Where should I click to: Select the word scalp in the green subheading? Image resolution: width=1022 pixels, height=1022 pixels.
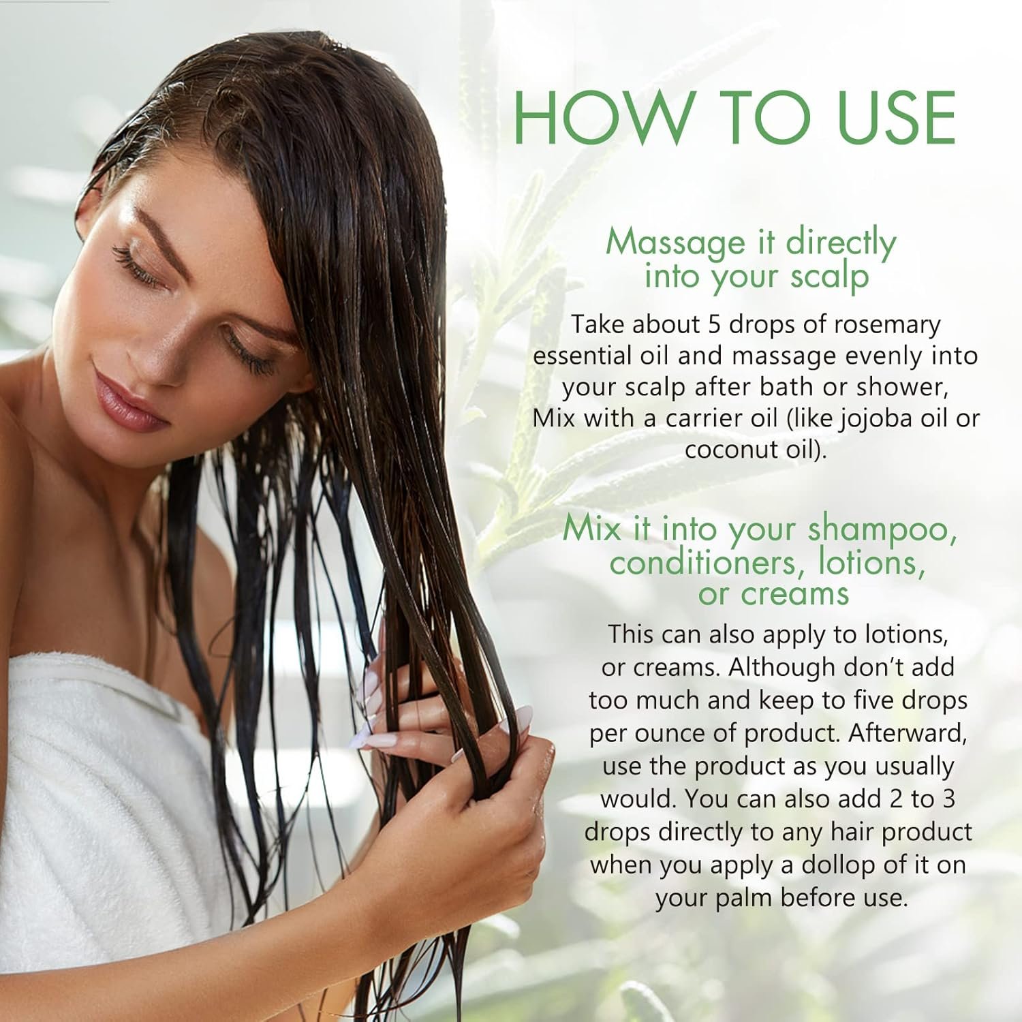830,277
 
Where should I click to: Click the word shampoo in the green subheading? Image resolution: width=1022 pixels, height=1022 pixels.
879,531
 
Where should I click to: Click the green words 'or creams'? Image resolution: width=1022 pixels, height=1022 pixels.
773,594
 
